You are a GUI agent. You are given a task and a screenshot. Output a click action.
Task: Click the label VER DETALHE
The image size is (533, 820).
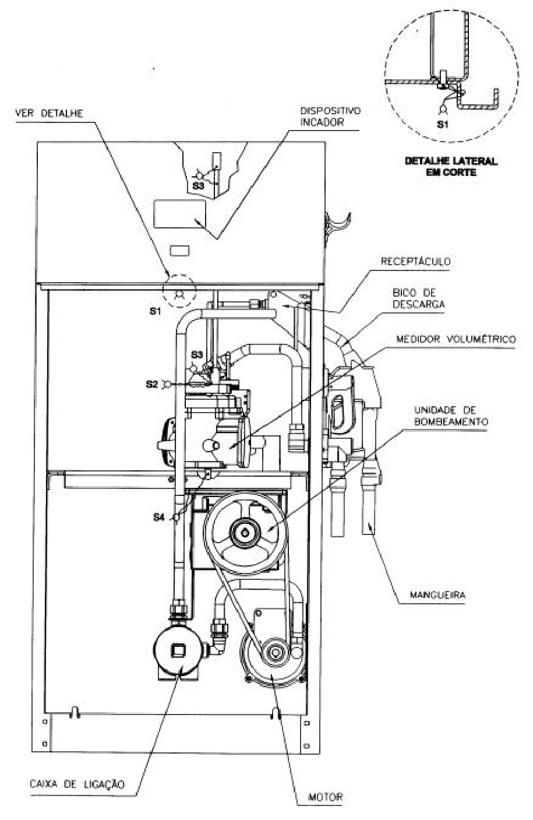click(49, 113)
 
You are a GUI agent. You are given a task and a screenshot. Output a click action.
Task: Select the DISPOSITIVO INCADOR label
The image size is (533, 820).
click(330, 117)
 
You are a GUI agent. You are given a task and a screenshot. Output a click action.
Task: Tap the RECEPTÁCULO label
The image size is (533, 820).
click(415, 261)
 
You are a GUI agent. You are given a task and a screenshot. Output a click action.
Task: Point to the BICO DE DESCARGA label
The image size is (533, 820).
click(418, 298)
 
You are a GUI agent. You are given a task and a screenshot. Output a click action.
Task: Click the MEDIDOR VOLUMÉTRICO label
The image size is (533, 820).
click(456, 339)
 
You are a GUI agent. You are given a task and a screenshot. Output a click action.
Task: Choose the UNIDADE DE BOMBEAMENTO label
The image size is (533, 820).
click(451, 416)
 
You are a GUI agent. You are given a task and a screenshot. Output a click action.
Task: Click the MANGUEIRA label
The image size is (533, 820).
click(437, 595)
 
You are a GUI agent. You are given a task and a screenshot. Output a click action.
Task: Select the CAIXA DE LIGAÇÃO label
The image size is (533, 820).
click(77, 784)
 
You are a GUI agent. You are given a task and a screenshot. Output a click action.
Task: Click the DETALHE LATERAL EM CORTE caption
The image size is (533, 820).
click(451, 167)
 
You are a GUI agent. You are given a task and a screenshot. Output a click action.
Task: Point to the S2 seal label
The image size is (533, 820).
click(151, 384)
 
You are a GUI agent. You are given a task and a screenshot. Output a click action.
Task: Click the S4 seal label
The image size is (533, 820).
click(159, 518)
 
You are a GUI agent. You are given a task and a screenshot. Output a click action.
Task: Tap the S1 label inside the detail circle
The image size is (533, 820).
click(442, 125)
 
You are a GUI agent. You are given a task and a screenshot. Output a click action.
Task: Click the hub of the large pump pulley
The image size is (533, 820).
click(245, 533)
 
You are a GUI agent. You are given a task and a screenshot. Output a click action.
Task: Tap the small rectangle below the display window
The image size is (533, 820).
click(179, 251)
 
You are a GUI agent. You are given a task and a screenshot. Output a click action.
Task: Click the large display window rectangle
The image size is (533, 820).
click(179, 214)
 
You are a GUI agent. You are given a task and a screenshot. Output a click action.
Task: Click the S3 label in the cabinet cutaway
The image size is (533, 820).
click(198, 185)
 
